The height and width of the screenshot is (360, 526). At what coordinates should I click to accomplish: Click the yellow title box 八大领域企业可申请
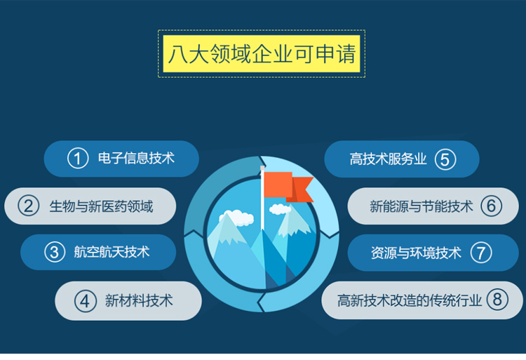point(262,53)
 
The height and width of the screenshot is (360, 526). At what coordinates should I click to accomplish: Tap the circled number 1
point(78,159)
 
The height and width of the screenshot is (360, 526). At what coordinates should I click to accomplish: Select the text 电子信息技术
point(136,158)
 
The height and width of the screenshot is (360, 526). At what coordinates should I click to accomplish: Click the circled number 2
point(29,206)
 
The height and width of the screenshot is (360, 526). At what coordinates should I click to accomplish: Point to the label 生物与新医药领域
point(101,206)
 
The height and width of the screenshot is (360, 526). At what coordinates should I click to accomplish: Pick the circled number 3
point(55,252)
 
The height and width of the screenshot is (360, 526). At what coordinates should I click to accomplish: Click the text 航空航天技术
point(112,252)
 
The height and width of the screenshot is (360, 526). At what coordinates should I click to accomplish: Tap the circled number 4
point(85,301)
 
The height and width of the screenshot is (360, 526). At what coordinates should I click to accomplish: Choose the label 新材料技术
point(139,300)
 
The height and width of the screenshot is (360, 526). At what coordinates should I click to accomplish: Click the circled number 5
point(445,159)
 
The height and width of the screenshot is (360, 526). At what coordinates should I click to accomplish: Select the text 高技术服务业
point(388,159)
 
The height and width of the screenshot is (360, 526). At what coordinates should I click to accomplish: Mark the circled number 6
point(491,206)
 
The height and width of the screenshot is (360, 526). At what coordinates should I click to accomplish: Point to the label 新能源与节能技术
point(422,206)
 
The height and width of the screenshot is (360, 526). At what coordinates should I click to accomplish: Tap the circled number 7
point(481,253)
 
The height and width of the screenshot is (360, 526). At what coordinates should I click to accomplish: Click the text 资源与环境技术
point(416,253)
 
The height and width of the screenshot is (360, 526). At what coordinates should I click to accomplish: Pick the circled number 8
point(497,299)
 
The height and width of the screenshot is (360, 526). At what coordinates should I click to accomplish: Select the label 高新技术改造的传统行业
point(410,300)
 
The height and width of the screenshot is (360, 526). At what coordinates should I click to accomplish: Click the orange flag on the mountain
point(288,187)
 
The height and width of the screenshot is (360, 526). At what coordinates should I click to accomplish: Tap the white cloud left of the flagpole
point(237,218)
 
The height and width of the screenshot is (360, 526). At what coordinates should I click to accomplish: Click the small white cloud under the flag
point(280,209)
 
